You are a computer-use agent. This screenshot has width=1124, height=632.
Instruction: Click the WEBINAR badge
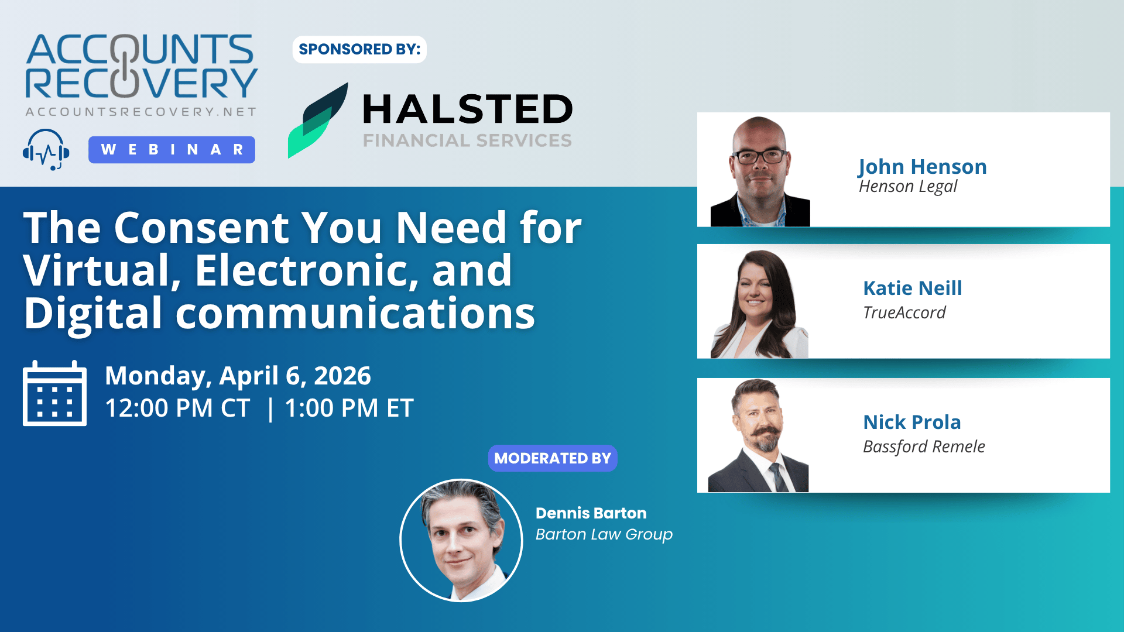[172, 150]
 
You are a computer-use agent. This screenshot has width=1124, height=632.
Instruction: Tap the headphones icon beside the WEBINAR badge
[46, 150]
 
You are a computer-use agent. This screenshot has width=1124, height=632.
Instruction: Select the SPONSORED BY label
[359, 49]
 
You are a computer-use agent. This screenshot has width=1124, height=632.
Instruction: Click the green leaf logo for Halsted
[318, 121]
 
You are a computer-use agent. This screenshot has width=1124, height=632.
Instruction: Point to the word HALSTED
[468, 109]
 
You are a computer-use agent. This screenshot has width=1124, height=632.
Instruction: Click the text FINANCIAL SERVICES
[467, 141]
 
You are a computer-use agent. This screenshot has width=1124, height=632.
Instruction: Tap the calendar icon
[54, 393]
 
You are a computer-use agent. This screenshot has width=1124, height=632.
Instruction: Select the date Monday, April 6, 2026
[238, 376]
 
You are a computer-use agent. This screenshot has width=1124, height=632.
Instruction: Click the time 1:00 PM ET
[349, 408]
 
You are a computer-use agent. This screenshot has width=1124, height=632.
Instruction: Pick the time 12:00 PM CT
[177, 408]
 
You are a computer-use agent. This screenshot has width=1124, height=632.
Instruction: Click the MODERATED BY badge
[553, 458]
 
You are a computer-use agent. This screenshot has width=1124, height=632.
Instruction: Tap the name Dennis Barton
[591, 513]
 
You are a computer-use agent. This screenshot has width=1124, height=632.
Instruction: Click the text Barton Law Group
[604, 535]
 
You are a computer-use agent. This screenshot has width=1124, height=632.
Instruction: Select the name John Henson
[923, 167]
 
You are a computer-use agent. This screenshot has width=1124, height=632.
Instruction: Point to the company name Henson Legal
[908, 187]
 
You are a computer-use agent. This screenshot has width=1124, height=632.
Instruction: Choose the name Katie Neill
[913, 288]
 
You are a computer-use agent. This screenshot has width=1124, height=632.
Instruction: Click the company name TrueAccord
[904, 312]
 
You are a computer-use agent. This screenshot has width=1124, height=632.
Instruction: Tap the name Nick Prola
[912, 422]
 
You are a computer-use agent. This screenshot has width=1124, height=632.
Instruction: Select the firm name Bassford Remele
[924, 446]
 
